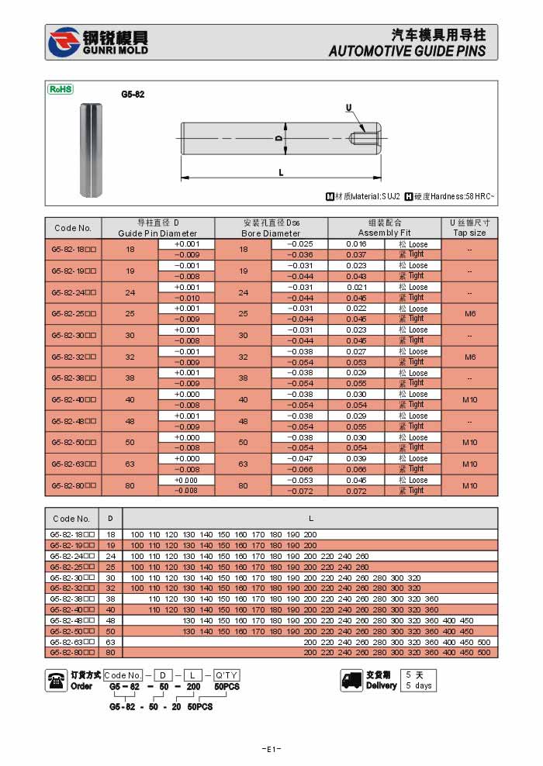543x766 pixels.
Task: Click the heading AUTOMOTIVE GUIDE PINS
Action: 407,51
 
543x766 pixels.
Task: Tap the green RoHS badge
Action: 61,89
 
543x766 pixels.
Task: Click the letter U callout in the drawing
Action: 348,107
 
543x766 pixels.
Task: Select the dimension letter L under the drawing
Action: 281,172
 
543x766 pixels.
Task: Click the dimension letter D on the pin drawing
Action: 277,138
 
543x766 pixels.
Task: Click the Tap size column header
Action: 469,228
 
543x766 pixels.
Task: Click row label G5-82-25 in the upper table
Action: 74,314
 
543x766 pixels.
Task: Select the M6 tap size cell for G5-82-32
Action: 469,357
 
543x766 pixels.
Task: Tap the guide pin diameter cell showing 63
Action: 130,464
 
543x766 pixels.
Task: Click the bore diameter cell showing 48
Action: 243,421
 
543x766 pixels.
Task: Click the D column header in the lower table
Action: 110,519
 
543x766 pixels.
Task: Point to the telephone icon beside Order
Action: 57,680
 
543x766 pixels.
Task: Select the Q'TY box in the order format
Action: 227,675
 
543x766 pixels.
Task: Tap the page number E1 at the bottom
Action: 271,749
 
